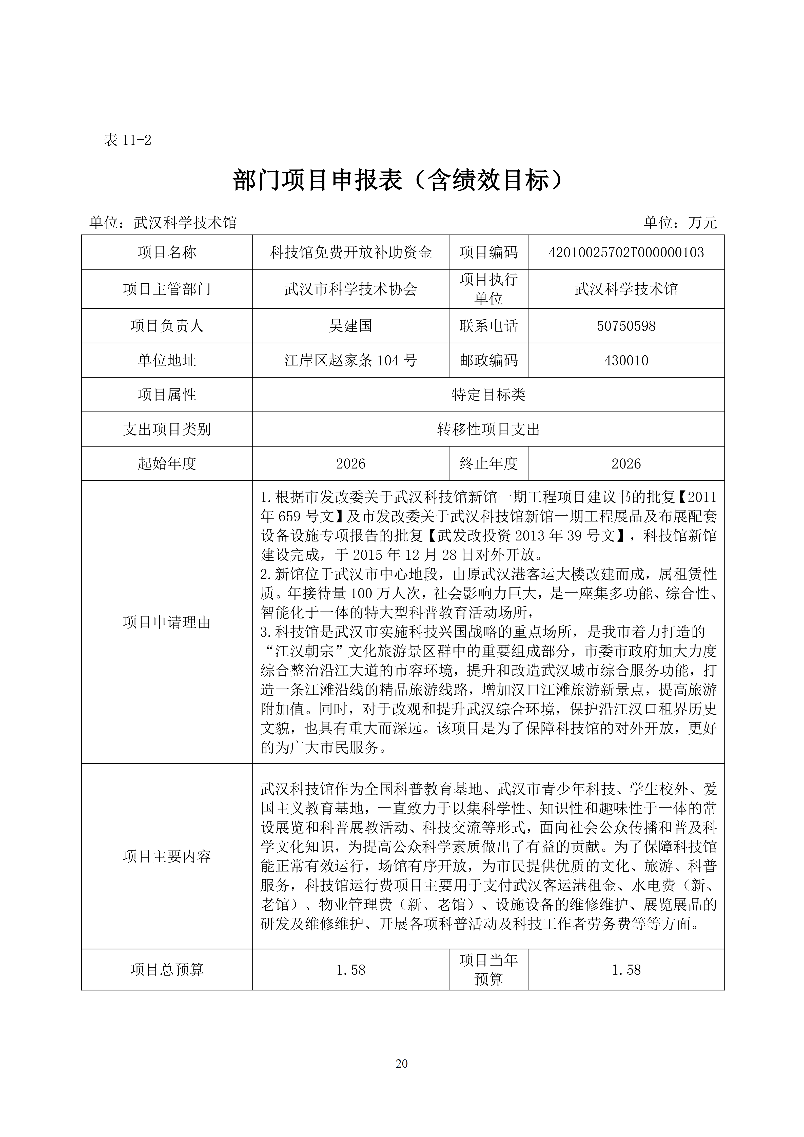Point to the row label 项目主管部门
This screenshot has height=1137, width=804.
click(167, 289)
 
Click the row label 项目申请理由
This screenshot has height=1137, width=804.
click(167, 622)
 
